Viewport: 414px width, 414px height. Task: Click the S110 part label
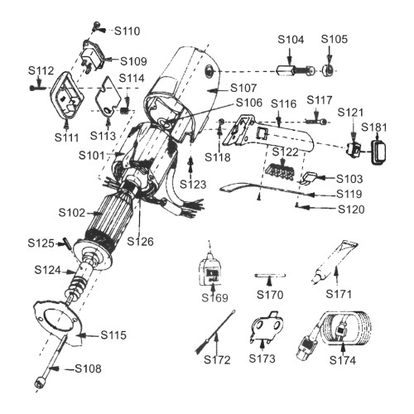click(128, 31)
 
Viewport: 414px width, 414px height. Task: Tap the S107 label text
click(243, 89)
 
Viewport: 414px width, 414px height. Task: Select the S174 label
click(343, 360)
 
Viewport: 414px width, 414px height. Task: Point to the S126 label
click(140, 242)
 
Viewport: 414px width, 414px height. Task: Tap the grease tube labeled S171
click(335, 262)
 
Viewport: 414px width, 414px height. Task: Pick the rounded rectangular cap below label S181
click(378, 152)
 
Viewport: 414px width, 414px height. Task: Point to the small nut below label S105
click(329, 71)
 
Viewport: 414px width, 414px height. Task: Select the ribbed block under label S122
click(279, 173)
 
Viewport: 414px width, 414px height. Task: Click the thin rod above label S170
click(270, 275)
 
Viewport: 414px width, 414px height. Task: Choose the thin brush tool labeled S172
click(216, 331)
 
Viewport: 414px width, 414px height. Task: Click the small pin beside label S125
click(67, 243)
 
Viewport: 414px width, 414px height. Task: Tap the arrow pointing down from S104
click(289, 56)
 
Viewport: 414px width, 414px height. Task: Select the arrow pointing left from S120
click(318, 208)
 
